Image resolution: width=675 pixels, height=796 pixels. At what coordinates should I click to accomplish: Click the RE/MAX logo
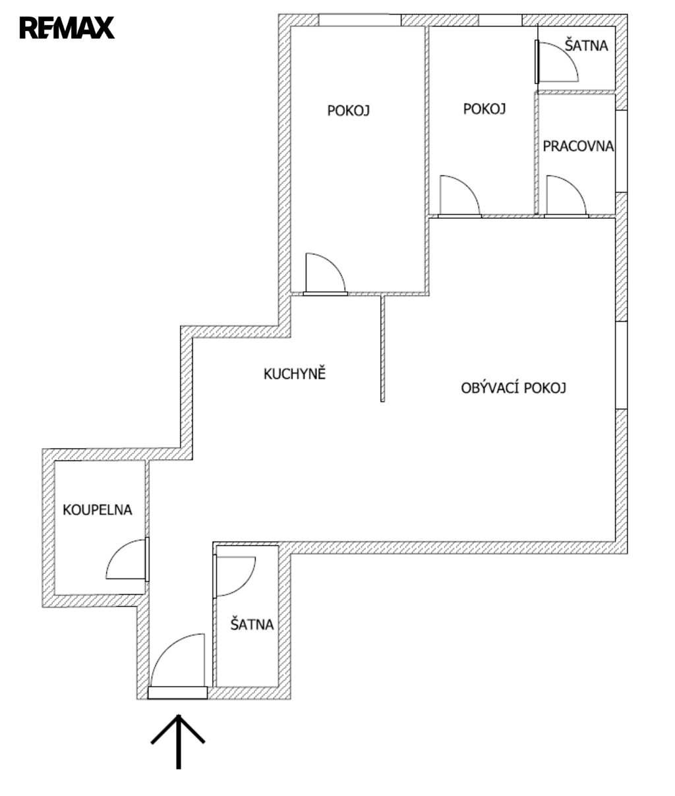[x=67, y=28]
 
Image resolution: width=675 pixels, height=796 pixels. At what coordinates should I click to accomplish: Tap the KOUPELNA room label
[x=98, y=510]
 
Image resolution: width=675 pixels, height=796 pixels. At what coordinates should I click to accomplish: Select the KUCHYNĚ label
[x=295, y=373]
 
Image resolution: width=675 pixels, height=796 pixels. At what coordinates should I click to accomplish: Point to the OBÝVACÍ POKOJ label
[x=514, y=387]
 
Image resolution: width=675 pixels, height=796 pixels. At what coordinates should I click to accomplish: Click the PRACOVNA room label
[x=578, y=146]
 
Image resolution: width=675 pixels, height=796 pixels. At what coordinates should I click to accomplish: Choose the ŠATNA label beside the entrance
[x=252, y=624]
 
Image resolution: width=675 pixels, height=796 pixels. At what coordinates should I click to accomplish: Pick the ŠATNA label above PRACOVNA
[x=587, y=45]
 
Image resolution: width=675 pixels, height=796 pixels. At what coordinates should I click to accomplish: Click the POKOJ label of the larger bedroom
[x=348, y=111]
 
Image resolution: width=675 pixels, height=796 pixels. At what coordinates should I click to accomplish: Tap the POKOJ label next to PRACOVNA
[x=484, y=109]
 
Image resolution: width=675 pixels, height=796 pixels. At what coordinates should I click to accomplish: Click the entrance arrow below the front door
[x=179, y=741]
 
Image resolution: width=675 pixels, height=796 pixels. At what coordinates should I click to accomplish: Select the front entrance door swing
[x=177, y=666]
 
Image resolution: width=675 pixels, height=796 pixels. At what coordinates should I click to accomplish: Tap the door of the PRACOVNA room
[x=566, y=196]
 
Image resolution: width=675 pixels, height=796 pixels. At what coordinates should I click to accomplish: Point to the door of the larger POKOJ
[x=326, y=274]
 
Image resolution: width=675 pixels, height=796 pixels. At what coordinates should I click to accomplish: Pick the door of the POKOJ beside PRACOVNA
[x=460, y=196]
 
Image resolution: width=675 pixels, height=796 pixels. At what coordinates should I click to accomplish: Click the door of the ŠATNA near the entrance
[x=234, y=576]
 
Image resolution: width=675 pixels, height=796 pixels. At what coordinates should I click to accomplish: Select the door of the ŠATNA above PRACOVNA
[x=557, y=62]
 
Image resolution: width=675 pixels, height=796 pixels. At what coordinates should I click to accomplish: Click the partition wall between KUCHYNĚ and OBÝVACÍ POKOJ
[x=382, y=349]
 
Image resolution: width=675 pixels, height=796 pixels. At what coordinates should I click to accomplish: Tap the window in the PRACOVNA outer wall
[x=621, y=151]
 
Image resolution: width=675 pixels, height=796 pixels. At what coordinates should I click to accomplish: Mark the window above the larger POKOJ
[x=360, y=20]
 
